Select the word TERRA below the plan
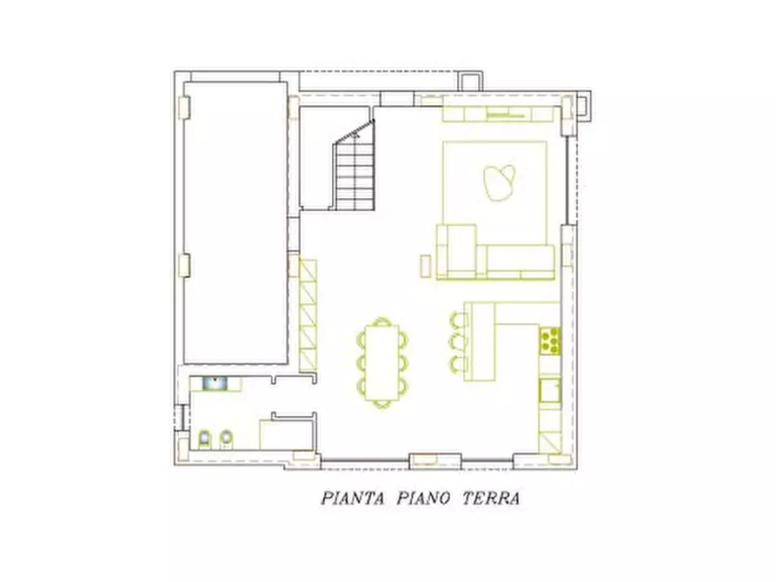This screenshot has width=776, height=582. pyautogui.click(x=491, y=499)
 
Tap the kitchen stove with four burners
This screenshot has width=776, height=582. pyautogui.click(x=550, y=340)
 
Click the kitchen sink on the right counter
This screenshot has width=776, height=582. pyautogui.click(x=549, y=390)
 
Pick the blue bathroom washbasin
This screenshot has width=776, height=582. pyautogui.click(x=214, y=381)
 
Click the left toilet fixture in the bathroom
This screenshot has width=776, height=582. pyautogui.click(x=205, y=440)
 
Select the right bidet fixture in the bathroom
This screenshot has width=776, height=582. pyautogui.click(x=226, y=440)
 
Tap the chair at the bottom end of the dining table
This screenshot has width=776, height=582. pyautogui.click(x=382, y=403)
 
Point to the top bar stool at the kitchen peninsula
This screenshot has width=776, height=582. pyautogui.click(x=458, y=319)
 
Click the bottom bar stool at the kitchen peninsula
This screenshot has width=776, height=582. pyautogui.click(x=458, y=360)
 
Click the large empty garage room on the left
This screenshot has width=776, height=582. pyautogui.click(x=235, y=222)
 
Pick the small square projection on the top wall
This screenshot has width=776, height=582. pyautogui.click(x=469, y=78)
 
